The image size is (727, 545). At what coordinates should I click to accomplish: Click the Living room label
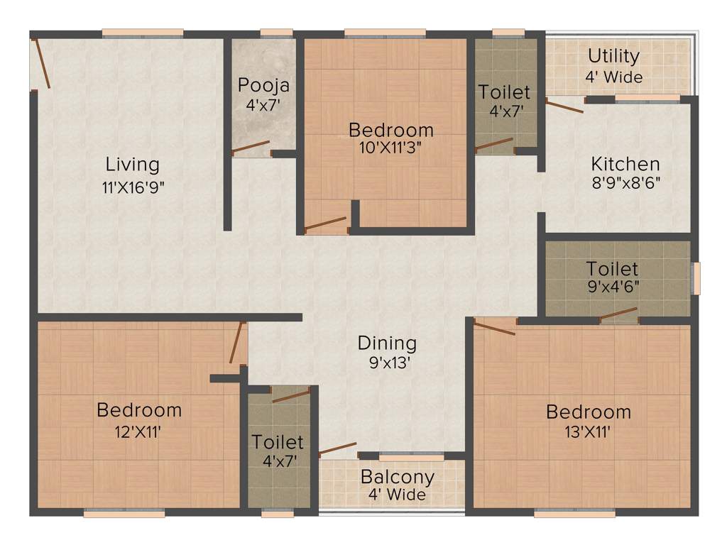click(132, 165)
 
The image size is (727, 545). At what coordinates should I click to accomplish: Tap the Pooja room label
click(263, 86)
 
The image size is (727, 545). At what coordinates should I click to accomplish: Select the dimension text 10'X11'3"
click(390, 148)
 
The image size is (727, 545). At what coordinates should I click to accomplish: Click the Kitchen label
click(625, 164)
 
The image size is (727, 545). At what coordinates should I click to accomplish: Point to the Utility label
click(613, 56)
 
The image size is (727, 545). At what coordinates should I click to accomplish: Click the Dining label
click(387, 343)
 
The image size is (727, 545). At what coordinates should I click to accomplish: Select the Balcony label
click(397, 476)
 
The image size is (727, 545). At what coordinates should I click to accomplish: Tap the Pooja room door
click(251, 148)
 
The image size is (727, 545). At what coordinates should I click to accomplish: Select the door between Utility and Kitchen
click(564, 106)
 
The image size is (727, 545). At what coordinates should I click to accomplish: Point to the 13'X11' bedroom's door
click(495, 327)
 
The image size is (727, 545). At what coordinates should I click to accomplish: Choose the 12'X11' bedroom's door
click(237, 343)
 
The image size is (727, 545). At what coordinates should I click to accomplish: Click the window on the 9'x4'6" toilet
click(696, 278)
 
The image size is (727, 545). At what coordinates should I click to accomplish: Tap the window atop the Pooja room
click(276, 33)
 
